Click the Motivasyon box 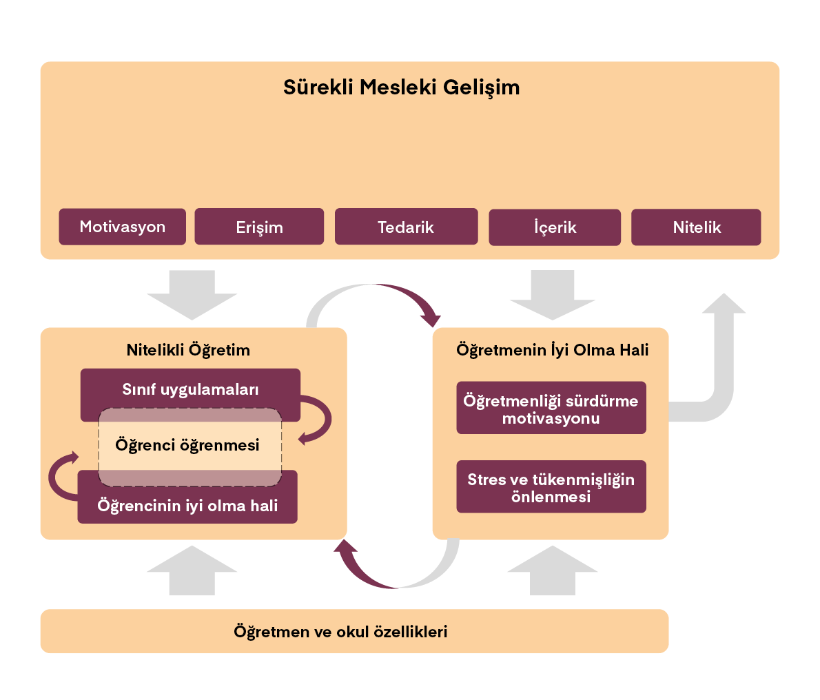(x=123, y=227)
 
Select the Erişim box (x=259, y=227)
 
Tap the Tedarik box (x=406, y=227)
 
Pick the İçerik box (x=555, y=227)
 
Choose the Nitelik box (x=696, y=227)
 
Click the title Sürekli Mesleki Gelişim (x=401, y=87)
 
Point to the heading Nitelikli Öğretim (x=188, y=350)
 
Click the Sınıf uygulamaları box (x=190, y=389)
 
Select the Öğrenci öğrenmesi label (x=187, y=445)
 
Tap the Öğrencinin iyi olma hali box (x=187, y=506)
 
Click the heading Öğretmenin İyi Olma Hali (x=552, y=350)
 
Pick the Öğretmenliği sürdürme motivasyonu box (x=551, y=409)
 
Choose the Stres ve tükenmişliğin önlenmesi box (x=551, y=488)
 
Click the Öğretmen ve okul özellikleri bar (x=340, y=632)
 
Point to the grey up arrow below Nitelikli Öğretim (x=192, y=572)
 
